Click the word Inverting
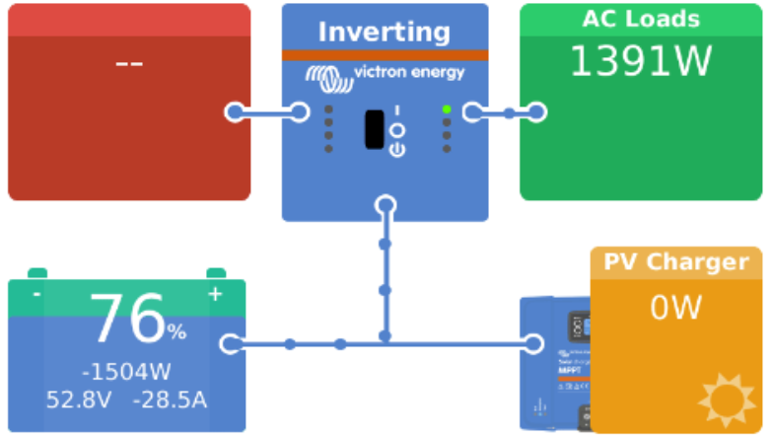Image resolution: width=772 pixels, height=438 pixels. (x=385, y=31)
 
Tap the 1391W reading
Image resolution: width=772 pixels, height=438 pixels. (x=641, y=62)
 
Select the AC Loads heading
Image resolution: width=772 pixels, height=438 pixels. (x=641, y=19)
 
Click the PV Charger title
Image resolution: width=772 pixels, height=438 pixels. (x=676, y=262)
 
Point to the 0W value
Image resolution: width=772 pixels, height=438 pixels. (x=675, y=309)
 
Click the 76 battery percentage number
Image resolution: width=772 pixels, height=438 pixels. (x=127, y=320)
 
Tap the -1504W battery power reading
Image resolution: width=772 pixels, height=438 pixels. (x=126, y=372)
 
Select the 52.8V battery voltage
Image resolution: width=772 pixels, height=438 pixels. (x=78, y=400)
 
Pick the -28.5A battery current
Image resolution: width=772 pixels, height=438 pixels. (x=171, y=400)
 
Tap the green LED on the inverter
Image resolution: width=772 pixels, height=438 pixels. (x=447, y=109)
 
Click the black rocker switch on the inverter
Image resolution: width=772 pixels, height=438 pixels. (x=374, y=129)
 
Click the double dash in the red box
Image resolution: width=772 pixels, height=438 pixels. (x=129, y=64)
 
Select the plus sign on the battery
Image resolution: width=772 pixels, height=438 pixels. (x=215, y=294)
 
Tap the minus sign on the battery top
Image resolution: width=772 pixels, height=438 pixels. (x=36, y=294)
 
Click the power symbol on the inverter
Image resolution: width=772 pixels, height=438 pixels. (x=396, y=150)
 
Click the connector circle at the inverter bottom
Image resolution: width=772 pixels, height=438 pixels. (x=385, y=205)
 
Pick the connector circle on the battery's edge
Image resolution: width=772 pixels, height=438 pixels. (x=233, y=344)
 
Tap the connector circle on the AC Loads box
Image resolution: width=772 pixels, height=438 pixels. (x=536, y=112)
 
